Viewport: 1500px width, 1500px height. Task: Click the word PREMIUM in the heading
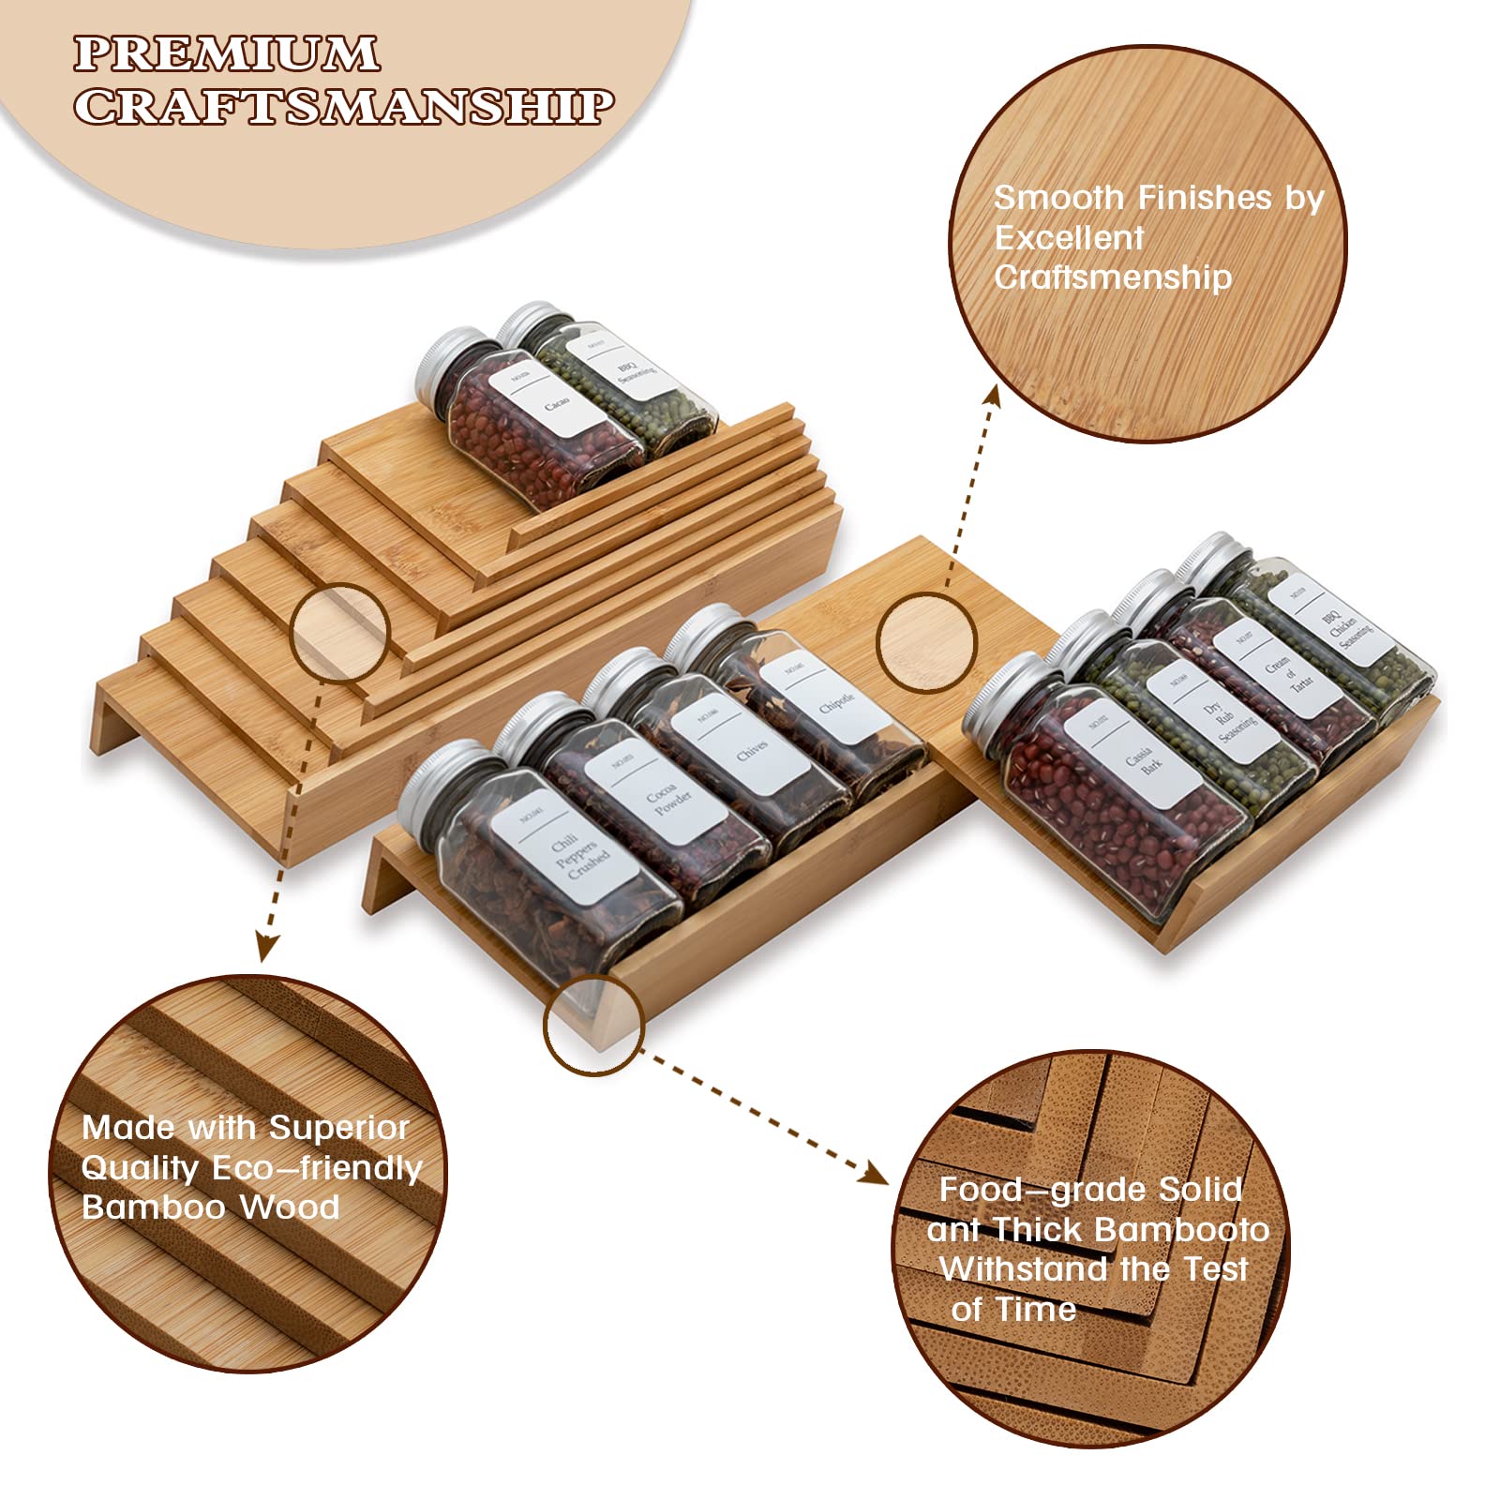[x=227, y=53]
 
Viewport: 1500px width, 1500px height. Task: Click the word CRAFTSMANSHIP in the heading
[x=343, y=106]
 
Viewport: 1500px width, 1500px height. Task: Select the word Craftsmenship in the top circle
[x=1113, y=277]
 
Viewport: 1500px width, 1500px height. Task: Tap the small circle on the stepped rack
[x=340, y=631]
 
